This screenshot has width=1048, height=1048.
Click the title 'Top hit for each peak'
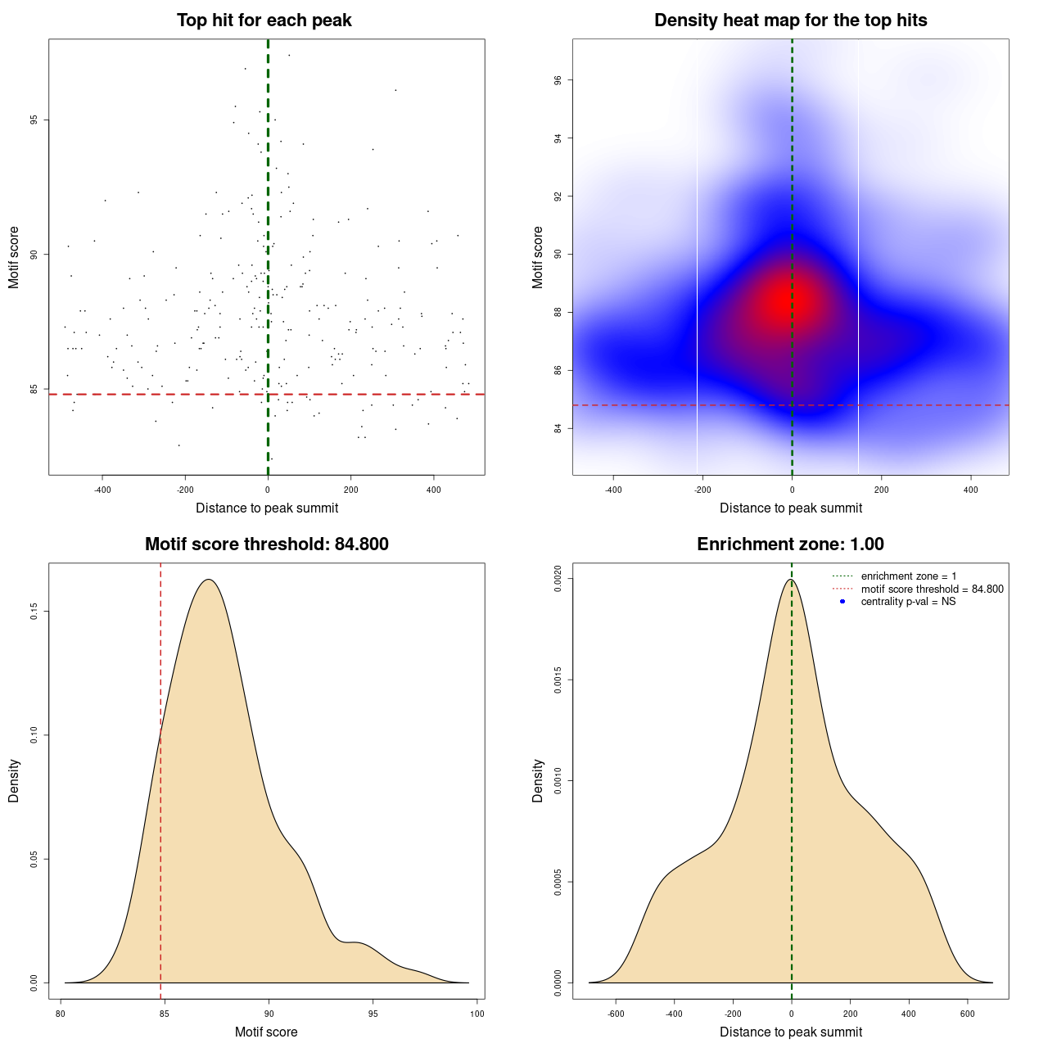(x=264, y=20)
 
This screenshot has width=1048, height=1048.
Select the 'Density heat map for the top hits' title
(x=790, y=20)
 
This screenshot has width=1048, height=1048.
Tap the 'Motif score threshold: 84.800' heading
(x=266, y=544)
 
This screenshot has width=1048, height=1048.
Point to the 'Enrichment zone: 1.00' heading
(x=790, y=544)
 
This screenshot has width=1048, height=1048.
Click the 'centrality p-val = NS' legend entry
(x=908, y=602)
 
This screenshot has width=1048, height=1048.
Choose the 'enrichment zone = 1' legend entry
(x=908, y=576)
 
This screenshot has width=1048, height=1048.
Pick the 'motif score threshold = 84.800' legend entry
(x=932, y=589)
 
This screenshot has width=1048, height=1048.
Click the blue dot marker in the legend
(x=842, y=602)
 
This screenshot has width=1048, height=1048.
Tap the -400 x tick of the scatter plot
(x=102, y=490)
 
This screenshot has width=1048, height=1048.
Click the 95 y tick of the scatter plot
(x=34, y=120)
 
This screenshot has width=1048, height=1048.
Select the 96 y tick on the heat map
(x=558, y=80)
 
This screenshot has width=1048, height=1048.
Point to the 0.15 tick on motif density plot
(x=34, y=612)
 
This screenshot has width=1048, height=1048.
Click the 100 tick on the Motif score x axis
(x=477, y=1014)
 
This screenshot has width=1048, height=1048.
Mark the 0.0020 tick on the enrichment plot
(x=558, y=579)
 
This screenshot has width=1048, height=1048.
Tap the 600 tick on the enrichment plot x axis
(x=967, y=1014)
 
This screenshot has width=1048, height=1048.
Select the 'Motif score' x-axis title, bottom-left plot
(x=266, y=1032)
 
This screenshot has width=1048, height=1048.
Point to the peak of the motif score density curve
(x=209, y=580)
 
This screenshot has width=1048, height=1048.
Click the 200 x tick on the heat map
(x=881, y=490)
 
